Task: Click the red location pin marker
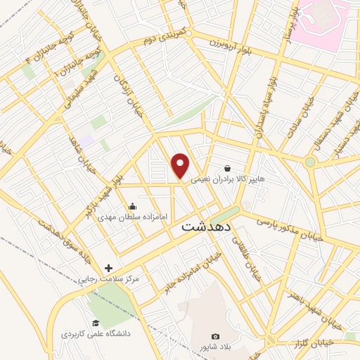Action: (181, 166)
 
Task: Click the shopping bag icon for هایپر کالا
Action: (228, 168)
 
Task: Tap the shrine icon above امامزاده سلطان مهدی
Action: (132, 207)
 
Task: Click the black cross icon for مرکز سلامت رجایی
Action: (108, 267)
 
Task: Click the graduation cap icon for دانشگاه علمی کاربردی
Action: (95, 322)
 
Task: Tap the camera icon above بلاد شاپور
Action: (215, 337)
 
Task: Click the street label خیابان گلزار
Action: (310, 342)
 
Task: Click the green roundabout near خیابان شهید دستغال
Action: (309, 162)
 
